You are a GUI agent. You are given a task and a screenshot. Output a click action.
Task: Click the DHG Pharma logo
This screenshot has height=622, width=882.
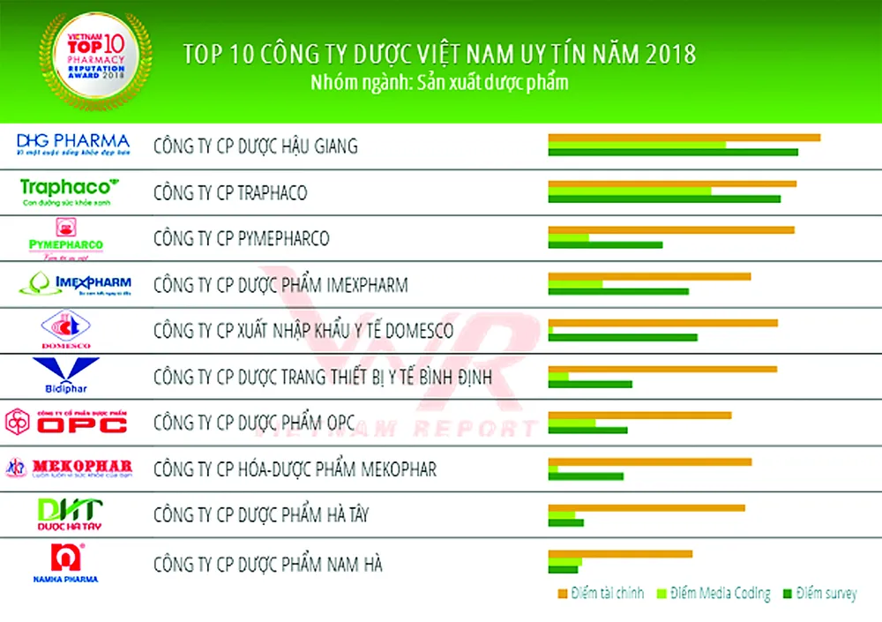(73, 145)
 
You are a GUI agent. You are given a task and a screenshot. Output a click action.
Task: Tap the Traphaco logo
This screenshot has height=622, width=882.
(69, 191)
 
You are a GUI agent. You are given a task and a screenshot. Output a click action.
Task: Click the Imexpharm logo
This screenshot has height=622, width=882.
(74, 285)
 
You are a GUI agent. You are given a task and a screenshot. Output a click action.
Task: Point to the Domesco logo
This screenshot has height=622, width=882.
(66, 330)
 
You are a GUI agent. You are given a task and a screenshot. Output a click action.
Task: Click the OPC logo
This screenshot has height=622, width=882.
(67, 422)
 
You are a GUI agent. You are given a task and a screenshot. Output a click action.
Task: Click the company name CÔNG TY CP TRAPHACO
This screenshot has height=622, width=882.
(230, 192)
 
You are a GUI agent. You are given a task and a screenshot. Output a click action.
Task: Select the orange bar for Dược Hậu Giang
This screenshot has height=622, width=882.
(684, 137)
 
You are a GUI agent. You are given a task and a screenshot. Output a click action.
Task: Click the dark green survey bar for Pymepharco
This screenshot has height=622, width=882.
(605, 244)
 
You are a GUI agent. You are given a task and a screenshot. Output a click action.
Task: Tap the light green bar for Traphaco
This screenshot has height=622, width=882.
(629, 191)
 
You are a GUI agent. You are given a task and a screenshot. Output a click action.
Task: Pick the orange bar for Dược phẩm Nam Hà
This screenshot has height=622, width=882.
(620, 553)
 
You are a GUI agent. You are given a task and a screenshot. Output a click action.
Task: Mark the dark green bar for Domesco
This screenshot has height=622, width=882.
(622, 336)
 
